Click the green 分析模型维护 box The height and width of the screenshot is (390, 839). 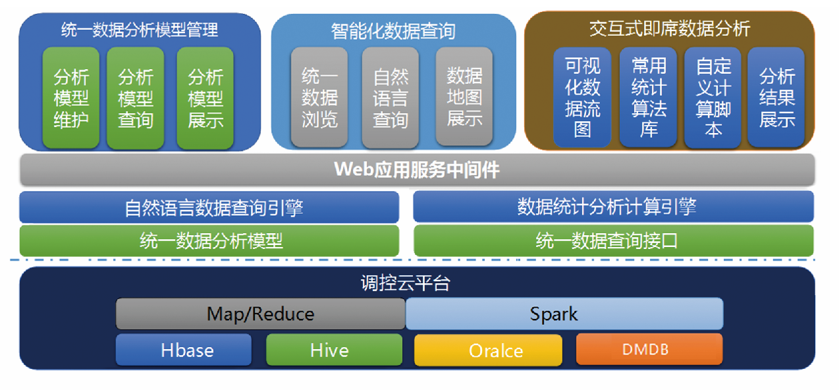(x=71, y=97)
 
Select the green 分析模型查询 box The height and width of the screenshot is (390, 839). (x=136, y=97)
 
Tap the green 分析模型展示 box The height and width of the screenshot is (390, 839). (x=205, y=97)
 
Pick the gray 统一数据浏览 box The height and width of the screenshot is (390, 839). (x=319, y=97)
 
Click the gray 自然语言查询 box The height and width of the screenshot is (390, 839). (x=391, y=97)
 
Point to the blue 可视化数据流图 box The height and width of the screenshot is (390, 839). (x=582, y=97)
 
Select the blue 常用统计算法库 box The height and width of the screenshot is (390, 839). (x=649, y=97)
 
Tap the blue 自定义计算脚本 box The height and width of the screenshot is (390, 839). (x=713, y=97)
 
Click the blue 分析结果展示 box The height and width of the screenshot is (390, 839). (x=776, y=97)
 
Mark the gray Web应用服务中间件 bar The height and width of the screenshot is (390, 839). (x=417, y=170)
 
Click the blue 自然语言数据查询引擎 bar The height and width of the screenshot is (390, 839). (x=209, y=208)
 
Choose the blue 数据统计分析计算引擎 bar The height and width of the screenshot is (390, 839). (x=613, y=207)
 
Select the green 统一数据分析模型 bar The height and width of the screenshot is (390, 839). (x=209, y=240)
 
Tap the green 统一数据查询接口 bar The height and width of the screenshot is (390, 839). (x=613, y=240)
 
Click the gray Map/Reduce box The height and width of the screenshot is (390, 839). (x=261, y=314)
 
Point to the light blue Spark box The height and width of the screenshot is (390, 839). (x=564, y=314)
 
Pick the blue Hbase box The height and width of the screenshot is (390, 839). (x=184, y=349)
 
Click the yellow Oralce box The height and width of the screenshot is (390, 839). (x=488, y=350)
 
